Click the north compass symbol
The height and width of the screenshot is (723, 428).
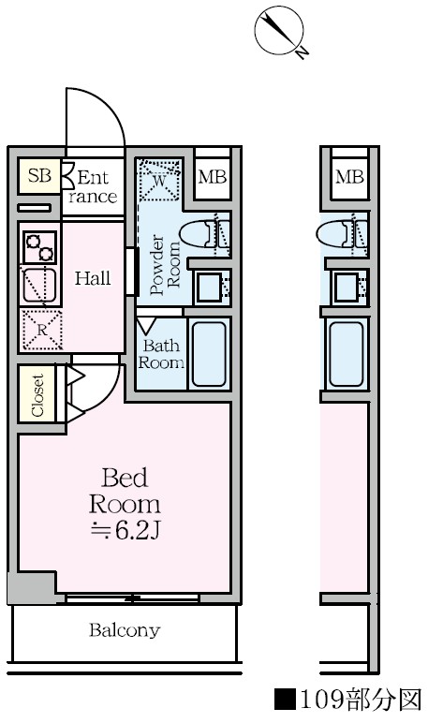(x=279, y=30)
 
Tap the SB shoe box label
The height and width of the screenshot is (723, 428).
(x=39, y=176)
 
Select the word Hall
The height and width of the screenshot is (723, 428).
(x=93, y=278)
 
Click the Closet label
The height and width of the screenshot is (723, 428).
(x=37, y=395)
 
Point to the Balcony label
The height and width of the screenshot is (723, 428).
(x=125, y=630)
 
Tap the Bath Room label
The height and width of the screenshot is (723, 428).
(x=161, y=354)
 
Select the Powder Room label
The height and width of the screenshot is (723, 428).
(x=165, y=265)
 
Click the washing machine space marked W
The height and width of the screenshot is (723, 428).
(x=158, y=180)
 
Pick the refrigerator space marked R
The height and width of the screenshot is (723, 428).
(x=41, y=330)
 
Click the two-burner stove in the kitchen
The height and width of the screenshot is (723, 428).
(x=40, y=247)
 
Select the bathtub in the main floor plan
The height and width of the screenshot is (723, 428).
(x=209, y=354)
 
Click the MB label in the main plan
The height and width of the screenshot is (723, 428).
(x=213, y=177)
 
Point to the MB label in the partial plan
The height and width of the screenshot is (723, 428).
(x=349, y=177)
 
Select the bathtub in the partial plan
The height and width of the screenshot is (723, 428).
(x=347, y=354)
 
